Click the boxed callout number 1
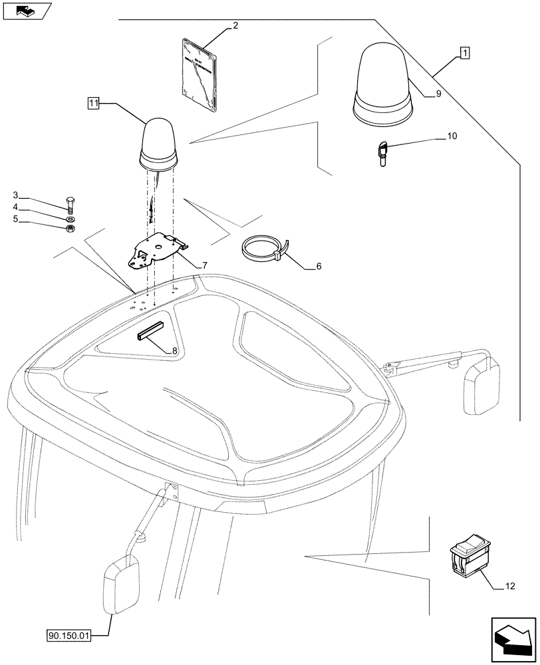coord(464,52)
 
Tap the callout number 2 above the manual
coord(235,27)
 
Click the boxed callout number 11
coord(93,103)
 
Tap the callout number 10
coord(452,137)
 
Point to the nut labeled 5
coord(72,229)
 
